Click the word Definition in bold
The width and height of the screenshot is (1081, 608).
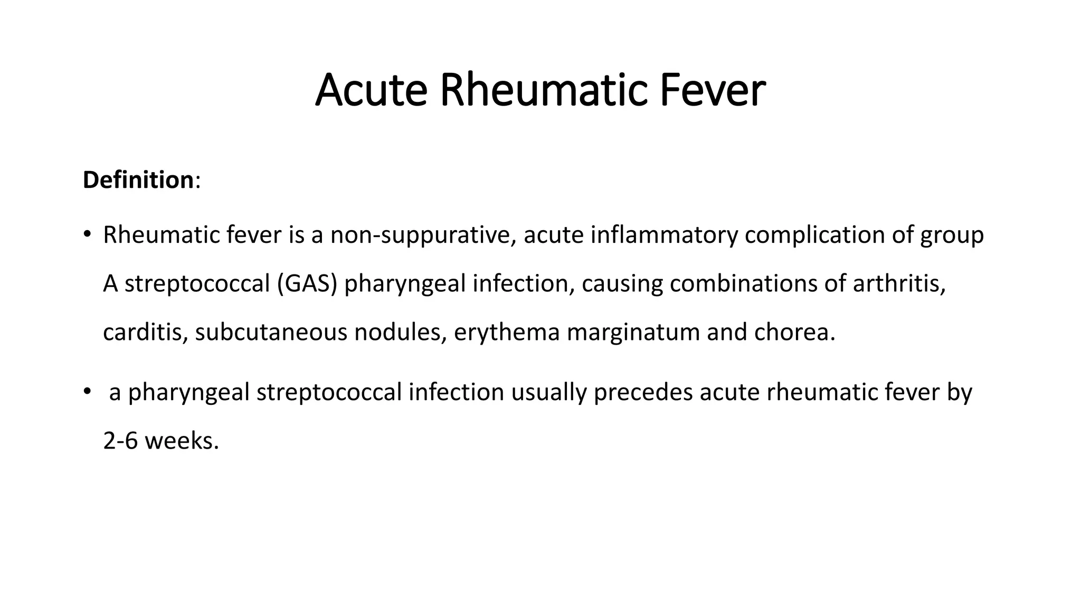(138, 180)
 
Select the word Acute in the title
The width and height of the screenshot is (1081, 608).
(371, 90)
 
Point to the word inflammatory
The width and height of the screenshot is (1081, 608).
(664, 235)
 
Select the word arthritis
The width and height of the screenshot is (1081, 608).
(899, 284)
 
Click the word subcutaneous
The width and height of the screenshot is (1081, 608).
(271, 332)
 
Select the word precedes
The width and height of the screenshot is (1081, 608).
(643, 392)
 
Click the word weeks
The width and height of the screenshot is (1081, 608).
(182, 441)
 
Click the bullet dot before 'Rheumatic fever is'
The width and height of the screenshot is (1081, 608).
(87, 235)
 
